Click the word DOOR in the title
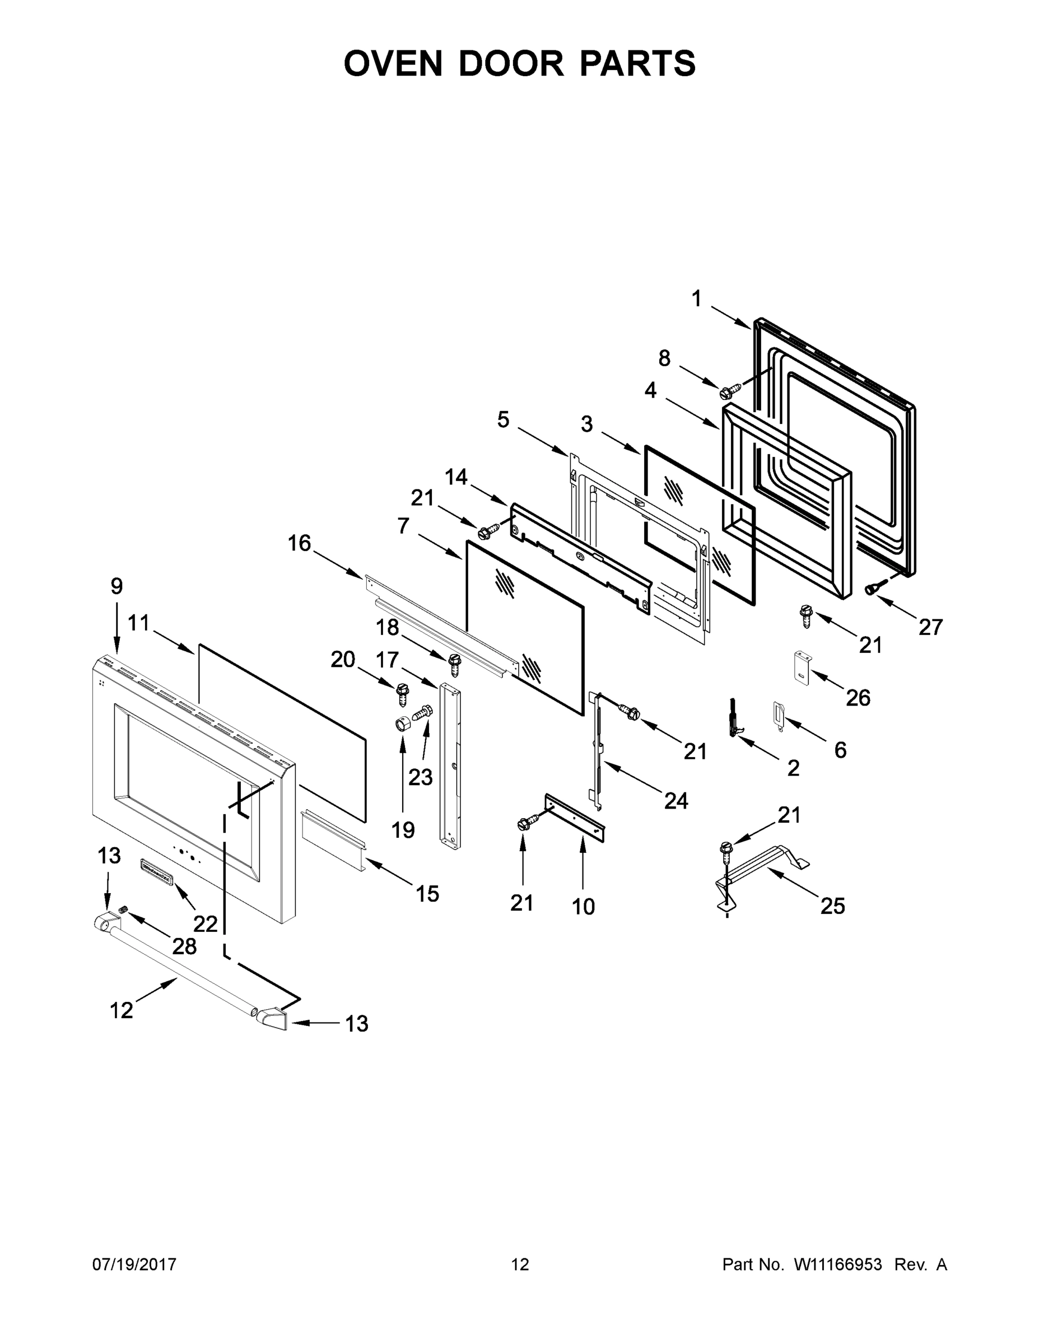click(510, 63)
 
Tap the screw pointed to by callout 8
click(729, 391)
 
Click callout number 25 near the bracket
click(832, 906)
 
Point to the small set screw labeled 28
click(123, 910)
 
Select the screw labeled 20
click(403, 693)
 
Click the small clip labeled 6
click(778, 715)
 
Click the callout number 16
click(299, 543)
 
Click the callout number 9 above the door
click(117, 586)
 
